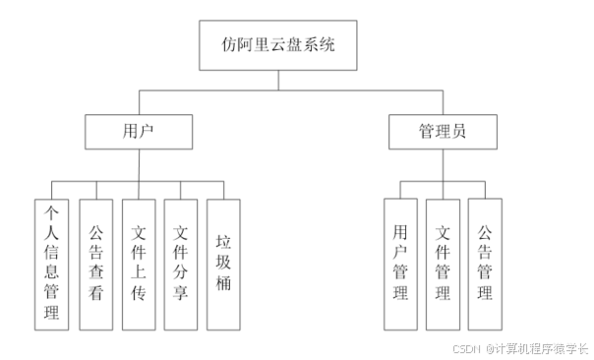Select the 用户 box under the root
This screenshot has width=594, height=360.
138,131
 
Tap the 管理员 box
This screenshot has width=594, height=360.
442,131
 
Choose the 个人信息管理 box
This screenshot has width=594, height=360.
52,264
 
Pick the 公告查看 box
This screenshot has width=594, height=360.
95,264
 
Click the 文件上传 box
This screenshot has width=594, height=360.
139,264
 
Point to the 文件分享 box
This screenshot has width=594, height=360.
181,264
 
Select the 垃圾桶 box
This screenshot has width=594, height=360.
223,264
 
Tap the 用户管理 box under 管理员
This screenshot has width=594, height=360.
400,264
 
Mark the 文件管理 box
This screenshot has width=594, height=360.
443,264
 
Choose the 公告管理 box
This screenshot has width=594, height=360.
485,264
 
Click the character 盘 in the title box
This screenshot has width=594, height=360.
295,46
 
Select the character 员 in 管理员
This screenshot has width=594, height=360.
459,131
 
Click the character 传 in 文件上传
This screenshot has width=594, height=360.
139,294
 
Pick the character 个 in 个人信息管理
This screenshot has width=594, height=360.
52,211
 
